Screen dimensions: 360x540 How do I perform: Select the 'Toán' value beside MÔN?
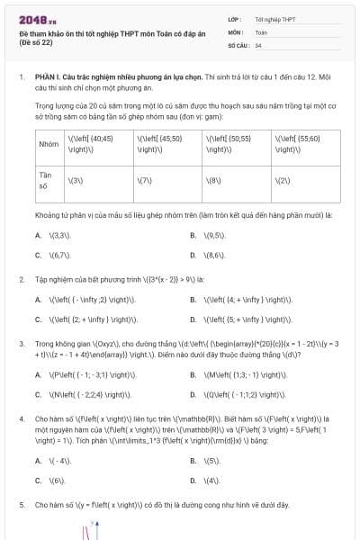261,31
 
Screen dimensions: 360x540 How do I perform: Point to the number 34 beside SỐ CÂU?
258,44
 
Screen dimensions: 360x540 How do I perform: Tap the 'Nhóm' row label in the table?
49,144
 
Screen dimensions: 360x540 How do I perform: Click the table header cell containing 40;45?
97,144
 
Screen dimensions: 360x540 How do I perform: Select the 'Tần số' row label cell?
49,181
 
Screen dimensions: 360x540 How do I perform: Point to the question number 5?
22,506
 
